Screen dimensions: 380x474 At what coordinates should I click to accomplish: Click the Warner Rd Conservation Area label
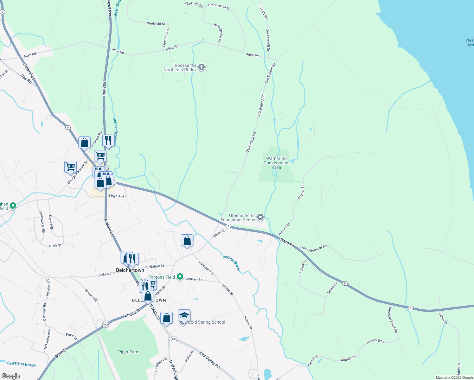point(276,163)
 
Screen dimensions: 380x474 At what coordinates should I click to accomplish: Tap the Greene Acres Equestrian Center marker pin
point(260,217)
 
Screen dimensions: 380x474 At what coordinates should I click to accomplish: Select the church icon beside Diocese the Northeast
point(202,67)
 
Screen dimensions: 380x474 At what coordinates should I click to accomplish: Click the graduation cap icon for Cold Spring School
point(184,315)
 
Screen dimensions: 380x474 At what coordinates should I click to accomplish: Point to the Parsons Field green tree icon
point(180,277)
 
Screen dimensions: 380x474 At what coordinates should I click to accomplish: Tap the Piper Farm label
point(129,352)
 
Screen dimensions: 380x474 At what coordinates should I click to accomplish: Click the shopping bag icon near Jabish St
point(187,241)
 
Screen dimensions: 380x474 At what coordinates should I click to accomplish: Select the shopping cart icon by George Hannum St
point(70,167)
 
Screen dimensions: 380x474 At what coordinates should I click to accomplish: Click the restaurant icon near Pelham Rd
point(108,140)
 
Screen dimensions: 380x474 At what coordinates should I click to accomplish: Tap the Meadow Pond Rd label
point(393,320)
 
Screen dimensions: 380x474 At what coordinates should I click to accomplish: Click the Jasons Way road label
point(375,341)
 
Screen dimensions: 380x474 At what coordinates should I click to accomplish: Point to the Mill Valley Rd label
point(209,359)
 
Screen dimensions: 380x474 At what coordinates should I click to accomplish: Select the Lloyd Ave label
point(117,196)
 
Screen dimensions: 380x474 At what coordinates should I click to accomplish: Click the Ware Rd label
point(287,243)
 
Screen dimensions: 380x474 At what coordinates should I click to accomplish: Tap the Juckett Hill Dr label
point(268,40)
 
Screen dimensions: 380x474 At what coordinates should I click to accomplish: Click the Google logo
point(10,376)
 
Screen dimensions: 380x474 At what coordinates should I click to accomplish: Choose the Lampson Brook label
point(22,364)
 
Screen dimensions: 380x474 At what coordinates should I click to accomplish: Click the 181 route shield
point(174,339)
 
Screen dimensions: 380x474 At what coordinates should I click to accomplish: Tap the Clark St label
point(55,246)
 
